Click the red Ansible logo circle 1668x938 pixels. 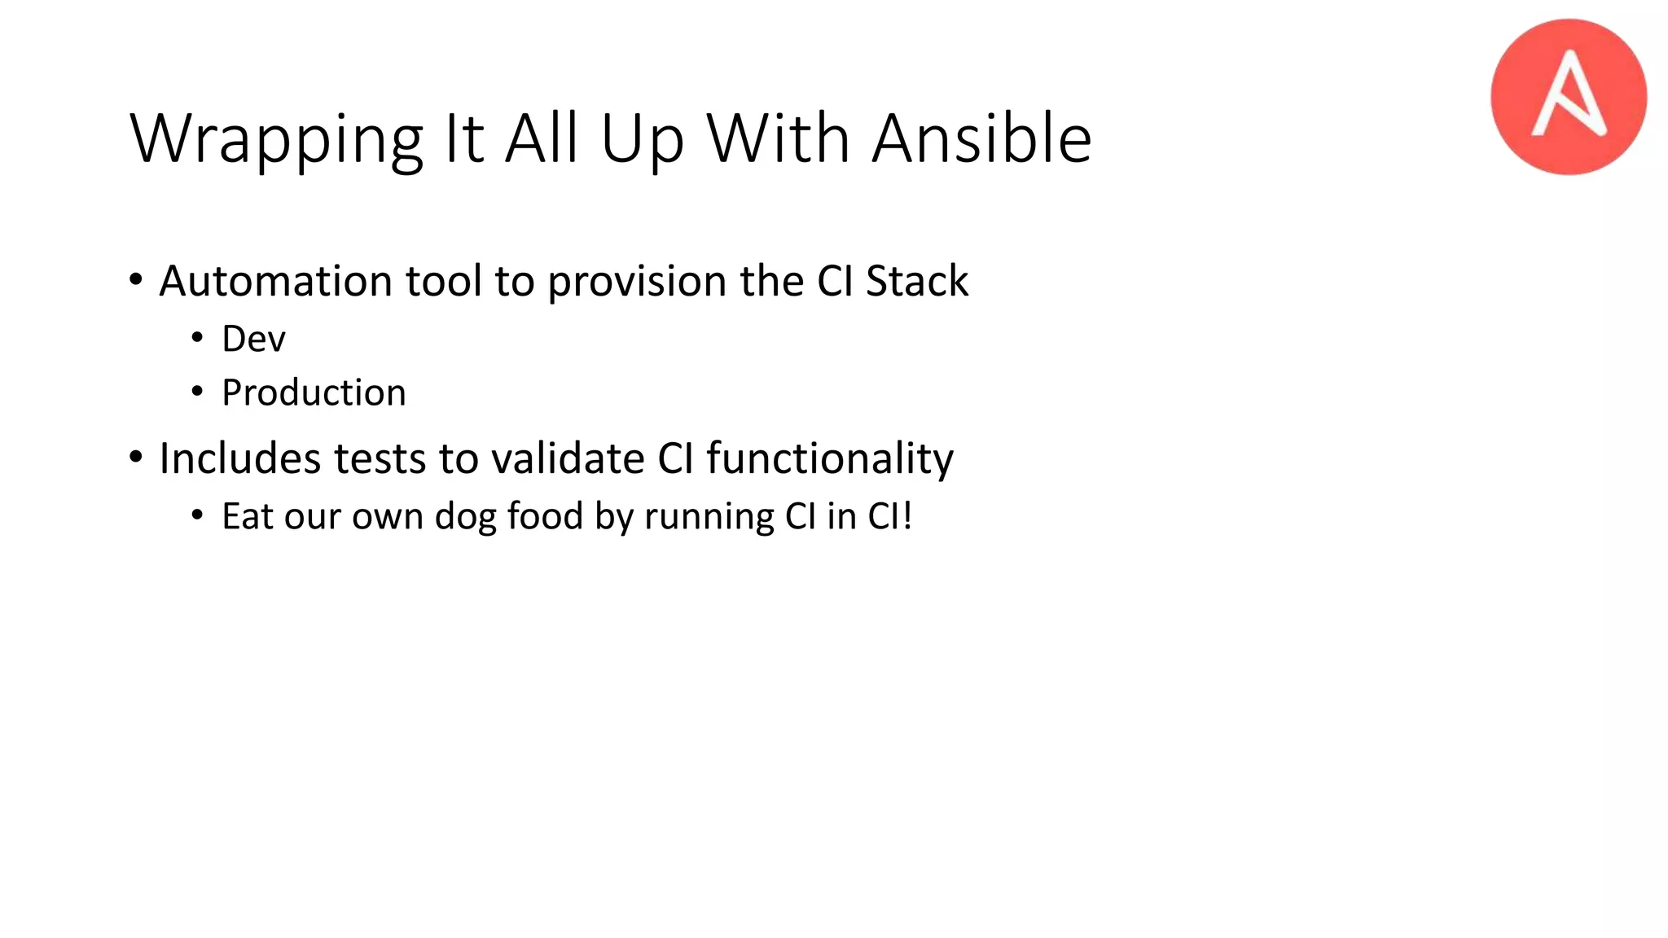point(1568,97)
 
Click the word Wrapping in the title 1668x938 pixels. point(276,139)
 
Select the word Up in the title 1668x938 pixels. point(642,139)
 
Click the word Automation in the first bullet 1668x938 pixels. point(276,281)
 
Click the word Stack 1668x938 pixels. point(916,281)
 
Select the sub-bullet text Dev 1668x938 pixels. point(253,339)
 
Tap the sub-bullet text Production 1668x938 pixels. point(314,393)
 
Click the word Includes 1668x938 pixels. point(239,458)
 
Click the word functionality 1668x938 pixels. point(829,459)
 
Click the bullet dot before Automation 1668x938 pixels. point(136,280)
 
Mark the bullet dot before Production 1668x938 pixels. point(197,392)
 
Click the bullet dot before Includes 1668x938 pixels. point(136,458)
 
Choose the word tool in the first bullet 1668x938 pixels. point(444,281)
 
